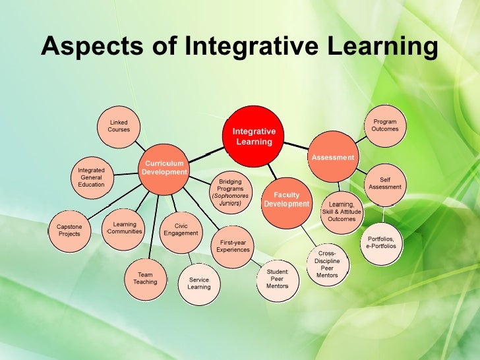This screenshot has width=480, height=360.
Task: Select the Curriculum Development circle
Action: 164,167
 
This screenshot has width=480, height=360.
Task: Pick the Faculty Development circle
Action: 286,199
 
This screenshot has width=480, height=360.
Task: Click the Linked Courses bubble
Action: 119,126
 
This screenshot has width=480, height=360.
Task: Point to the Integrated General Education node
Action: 91,177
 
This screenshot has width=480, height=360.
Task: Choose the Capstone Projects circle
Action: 69,229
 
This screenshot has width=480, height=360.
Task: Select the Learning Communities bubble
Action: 124,228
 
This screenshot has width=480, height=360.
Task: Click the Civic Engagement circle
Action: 181,229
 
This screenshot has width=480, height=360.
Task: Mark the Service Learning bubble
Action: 198,283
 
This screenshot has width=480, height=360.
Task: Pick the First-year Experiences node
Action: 233,246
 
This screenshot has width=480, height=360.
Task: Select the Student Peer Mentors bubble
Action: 277,279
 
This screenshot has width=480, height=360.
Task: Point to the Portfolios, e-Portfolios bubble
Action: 381,242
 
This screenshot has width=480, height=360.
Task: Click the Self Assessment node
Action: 385,183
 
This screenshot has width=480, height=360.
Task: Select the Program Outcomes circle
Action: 384,125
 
